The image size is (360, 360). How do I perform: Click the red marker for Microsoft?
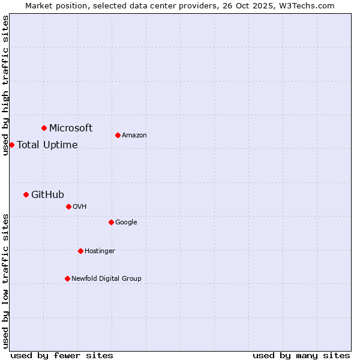click(x=44, y=128)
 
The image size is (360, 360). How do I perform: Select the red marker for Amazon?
click(x=118, y=135)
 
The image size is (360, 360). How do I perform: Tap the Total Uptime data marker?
click(x=11, y=145)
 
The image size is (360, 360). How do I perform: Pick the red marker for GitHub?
click(x=26, y=194)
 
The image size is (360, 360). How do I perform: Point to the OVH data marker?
click(x=68, y=206)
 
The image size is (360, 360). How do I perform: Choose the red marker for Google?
click(x=111, y=222)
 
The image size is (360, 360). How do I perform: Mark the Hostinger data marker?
click(x=80, y=251)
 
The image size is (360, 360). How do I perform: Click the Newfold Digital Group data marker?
click(x=67, y=278)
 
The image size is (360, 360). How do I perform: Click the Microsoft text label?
click(x=71, y=128)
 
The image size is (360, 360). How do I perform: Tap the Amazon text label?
click(x=134, y=135)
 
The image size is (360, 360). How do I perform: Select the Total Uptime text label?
click(x=47, y=145)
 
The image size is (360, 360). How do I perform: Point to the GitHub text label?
click(x=47, y=194)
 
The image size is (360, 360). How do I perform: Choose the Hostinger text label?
click(x=100, y=251)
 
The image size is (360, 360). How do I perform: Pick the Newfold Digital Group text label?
click(x=106, y=278)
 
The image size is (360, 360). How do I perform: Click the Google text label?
click(x=126, y=222)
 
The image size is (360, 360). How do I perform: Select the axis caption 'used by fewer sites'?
click(x=62, y=355)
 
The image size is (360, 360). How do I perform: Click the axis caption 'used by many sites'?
click(x=301, y=355)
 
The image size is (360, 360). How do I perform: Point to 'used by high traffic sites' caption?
click(x=5, y=85)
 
